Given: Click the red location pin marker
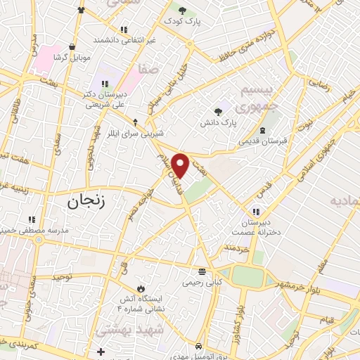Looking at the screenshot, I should pos(181,166).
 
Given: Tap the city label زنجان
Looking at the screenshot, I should pos(86,202).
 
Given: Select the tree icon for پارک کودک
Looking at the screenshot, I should pos(183,11).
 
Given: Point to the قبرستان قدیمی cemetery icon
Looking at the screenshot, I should pos(262,131).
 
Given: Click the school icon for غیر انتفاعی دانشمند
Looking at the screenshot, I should pos(124,30).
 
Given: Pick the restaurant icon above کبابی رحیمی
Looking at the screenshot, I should pos(202,271).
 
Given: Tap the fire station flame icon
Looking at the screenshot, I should pos(143,288).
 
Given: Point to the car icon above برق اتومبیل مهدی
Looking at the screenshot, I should pos(200,347).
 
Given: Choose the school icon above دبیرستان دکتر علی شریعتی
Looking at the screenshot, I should pos(105,84).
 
